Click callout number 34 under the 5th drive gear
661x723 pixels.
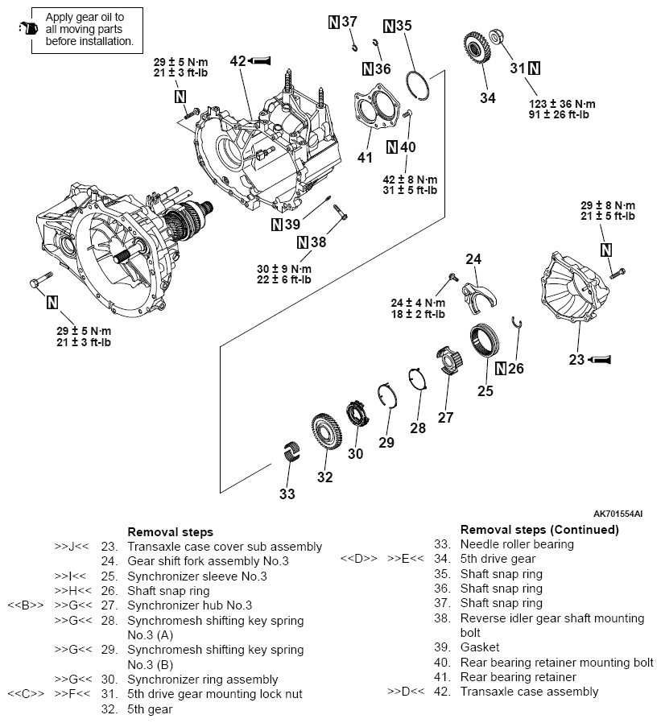487,97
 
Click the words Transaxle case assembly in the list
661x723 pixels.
529,691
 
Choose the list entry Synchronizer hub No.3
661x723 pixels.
189,605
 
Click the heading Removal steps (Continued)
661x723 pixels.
539,530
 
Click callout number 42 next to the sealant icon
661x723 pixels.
238,60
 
